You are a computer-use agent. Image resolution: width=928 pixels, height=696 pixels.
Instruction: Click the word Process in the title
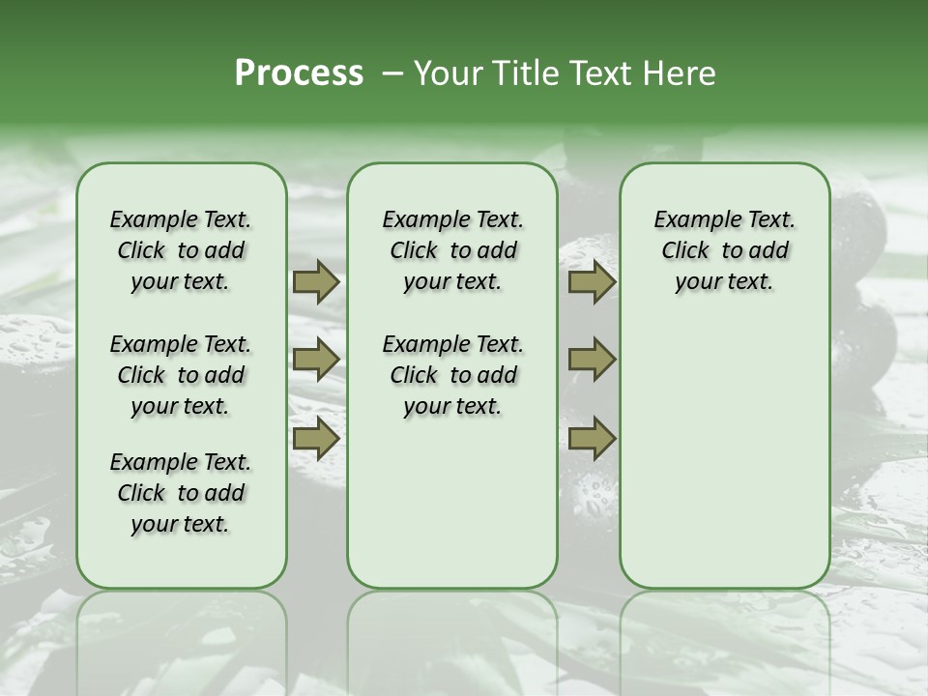[x=299, y=73]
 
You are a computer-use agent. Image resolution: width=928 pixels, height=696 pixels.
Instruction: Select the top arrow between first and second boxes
[x=316, y=282]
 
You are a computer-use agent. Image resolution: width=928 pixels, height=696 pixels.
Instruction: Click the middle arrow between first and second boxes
[x=316, y=360]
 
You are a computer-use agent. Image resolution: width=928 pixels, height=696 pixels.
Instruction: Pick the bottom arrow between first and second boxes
[x=316, y=438]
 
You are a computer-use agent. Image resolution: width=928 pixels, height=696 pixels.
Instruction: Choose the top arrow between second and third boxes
[x=592, y=282]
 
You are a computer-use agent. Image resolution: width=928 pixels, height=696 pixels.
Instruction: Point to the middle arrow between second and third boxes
[x=592, y=360]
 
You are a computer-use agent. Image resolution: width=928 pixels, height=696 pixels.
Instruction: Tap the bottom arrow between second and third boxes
[x=592, y=438]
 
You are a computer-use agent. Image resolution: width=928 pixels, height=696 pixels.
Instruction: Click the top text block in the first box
[x=181, y=250]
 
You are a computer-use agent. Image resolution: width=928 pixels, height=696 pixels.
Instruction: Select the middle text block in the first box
[x=181, y=375]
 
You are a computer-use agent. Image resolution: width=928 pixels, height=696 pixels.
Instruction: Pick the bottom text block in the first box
[x=181, y=493]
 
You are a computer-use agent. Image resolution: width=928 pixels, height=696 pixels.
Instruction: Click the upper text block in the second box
[x=452, y=250]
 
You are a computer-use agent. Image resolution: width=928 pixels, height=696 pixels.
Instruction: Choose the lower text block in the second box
[x=452, y=375]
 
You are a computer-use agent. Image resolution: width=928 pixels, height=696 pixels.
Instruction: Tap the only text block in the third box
[x=725, y=250]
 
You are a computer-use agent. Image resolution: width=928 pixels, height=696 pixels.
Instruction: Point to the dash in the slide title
[x=393, y=73]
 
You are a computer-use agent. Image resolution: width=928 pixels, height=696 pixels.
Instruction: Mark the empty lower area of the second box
[x=452, y=503]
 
